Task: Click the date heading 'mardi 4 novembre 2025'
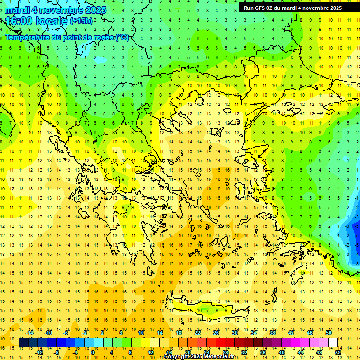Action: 55,10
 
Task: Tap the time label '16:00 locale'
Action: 37,21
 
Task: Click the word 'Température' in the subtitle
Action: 29,37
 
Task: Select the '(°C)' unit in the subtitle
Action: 123,37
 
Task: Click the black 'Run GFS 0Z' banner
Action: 292,8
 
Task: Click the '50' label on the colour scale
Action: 328,333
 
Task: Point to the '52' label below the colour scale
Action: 338,352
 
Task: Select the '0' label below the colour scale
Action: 93,352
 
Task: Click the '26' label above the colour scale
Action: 216,333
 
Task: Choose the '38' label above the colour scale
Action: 272,333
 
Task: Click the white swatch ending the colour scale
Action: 333,343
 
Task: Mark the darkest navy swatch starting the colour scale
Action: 24,343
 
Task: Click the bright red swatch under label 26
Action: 220,343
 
